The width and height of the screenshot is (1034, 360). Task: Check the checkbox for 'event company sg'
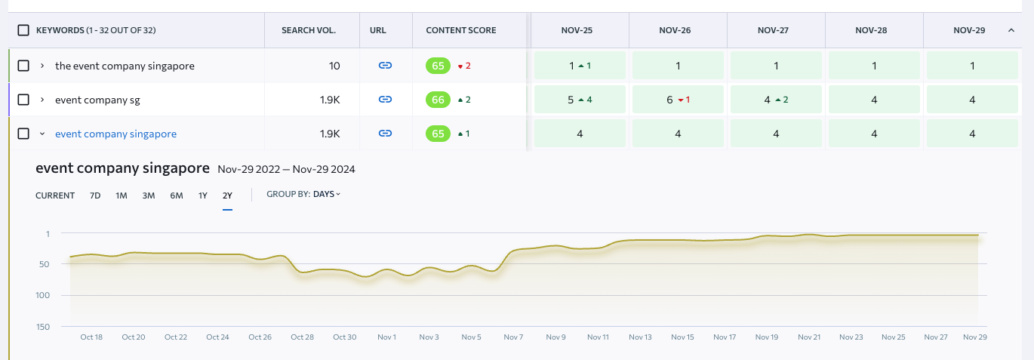tap(23, 100)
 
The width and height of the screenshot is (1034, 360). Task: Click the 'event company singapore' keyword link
tap(115, 134)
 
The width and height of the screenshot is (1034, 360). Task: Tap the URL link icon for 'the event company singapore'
tap(385, 66)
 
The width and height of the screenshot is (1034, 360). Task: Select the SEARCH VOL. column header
tap(308, 30)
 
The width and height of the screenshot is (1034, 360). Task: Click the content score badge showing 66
tap(437, 100)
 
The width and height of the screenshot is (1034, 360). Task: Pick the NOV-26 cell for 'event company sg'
tap(678, 100)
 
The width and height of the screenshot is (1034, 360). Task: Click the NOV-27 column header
tap(776, 30)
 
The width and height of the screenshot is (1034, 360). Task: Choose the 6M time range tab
tap(176, 195)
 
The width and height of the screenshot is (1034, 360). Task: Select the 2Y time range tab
tap(227, 195)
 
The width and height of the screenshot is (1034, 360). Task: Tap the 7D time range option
tap(95, 195)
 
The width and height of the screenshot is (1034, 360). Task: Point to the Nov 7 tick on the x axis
tap(513, 337)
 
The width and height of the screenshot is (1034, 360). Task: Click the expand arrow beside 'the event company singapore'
tap(42, 66)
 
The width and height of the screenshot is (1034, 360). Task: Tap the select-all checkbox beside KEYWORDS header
tap(23, 30)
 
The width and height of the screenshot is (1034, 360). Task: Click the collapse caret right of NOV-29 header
tap(1011, 30)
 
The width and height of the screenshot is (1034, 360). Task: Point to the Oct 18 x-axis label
tap(91, 337)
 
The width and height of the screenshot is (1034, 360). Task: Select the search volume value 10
tap(334, 66)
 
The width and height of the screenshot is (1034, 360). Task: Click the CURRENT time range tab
tap(55, 195)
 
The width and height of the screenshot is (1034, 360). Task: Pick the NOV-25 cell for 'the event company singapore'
tap(580, 66)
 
